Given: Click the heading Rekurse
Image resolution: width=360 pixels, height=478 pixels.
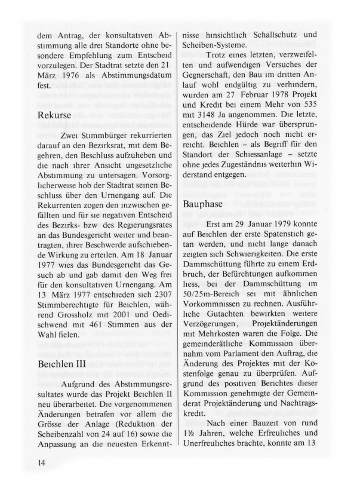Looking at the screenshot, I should tap(55, 113).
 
